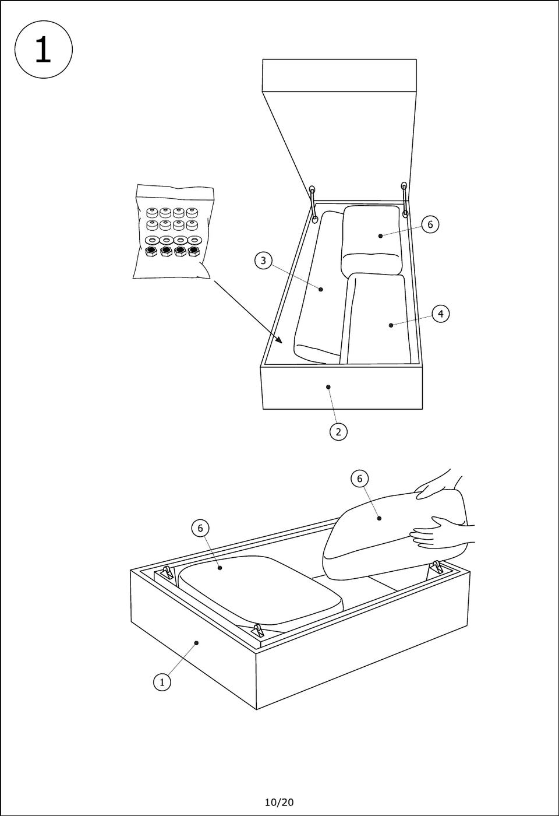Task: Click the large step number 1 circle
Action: coord(43,50)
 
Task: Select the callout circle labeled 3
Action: coord(263,261)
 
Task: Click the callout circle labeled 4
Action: coord(441,314)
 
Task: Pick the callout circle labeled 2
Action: coord(338,432)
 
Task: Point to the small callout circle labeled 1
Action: coord(162,681)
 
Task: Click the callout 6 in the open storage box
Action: coord(430,224)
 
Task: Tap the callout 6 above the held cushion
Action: coord(360,479)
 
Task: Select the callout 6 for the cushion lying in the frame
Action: coord(200,528)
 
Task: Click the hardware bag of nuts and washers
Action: coord(174,232)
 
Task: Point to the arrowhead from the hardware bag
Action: coord(279,339)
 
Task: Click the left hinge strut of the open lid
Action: coord(314,204)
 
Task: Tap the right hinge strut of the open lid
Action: coord(405,200)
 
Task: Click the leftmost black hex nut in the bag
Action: coord(151,252)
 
